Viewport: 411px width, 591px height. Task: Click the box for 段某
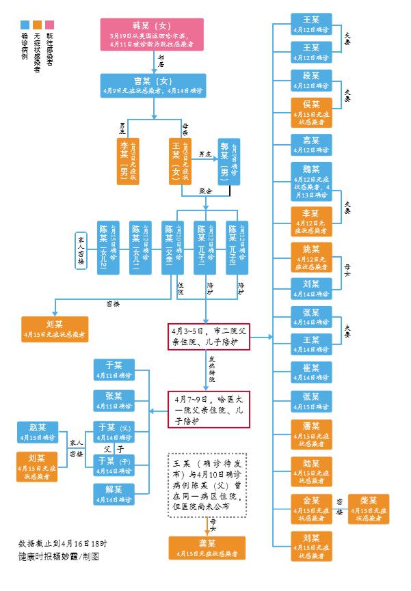[x=311, y=80]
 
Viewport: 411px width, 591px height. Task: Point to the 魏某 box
[x=311, y=179]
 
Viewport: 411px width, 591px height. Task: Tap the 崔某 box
[x=311, y=372]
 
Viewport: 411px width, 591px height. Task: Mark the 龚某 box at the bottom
[x=207, y=548]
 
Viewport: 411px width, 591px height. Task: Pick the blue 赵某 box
[x=38, y=432]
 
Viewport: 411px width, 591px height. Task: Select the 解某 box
[x=114, y=494]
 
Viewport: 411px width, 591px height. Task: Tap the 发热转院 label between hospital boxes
[x=212, y=373]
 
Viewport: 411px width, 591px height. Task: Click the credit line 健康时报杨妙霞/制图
[x=59, y=556]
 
